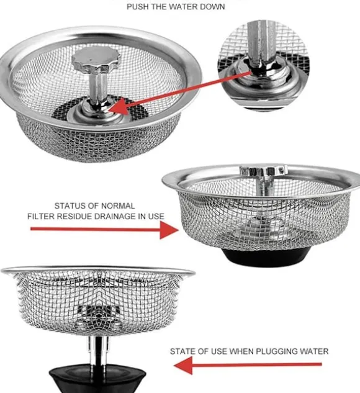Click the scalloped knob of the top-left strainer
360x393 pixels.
[x=96, y=59]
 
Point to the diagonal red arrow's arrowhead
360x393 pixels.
[x=119, y=107]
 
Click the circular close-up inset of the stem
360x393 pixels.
[x=263, y=66]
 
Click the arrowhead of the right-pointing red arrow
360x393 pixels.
[x=169, y=230]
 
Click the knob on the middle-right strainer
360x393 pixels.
[x=263, y=171]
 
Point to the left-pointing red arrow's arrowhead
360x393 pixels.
[x=183, y=365]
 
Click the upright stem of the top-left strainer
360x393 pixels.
[x=97, y=89]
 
